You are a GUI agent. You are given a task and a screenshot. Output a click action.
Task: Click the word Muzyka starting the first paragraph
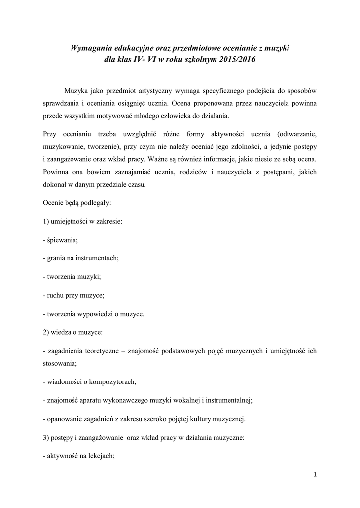[76, 91]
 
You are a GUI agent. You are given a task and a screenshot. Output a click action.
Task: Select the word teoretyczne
[101, 350]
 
